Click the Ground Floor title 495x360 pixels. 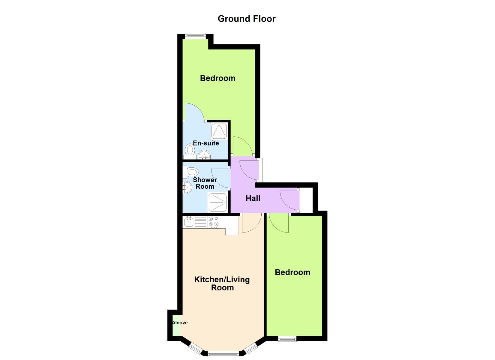pyautogui.click(x=247, y=19)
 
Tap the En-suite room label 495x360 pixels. pyautogui.click(x=206, y=143)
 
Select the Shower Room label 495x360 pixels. pyautogui.click(x=205, y=183)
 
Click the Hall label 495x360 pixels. pyautogui.click(x=253, y=198)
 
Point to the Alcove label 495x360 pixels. pyautogui.click(x=180, y=323)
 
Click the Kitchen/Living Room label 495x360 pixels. pyautogui.click(x=222, y=283)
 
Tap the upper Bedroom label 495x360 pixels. pyautogui.click(x=218, y=78)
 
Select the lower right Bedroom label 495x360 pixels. pyautogui.click(x=292, y=272)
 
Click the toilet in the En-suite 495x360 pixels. pyautogui.click(x=190, y=150)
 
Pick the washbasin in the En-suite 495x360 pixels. pyautogui.click(x=204, y=155)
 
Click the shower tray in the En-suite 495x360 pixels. pyautogui.click(x=219, y=131)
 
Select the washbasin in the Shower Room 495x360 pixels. pyautogui.click(x=187, y=188)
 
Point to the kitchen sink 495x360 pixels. pyautogui.click(x=189, y=222)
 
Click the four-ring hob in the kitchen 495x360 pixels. pyautogui.click(x=214, y=222)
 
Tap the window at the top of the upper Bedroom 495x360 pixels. pyautogui.click(x=195, y=36)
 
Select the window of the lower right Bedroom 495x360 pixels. pyautogui.click(x=287, y=339)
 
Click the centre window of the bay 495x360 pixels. pyautogui.click(x=223, y=353)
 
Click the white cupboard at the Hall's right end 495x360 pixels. pyautogui.click(x=306, y=200)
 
